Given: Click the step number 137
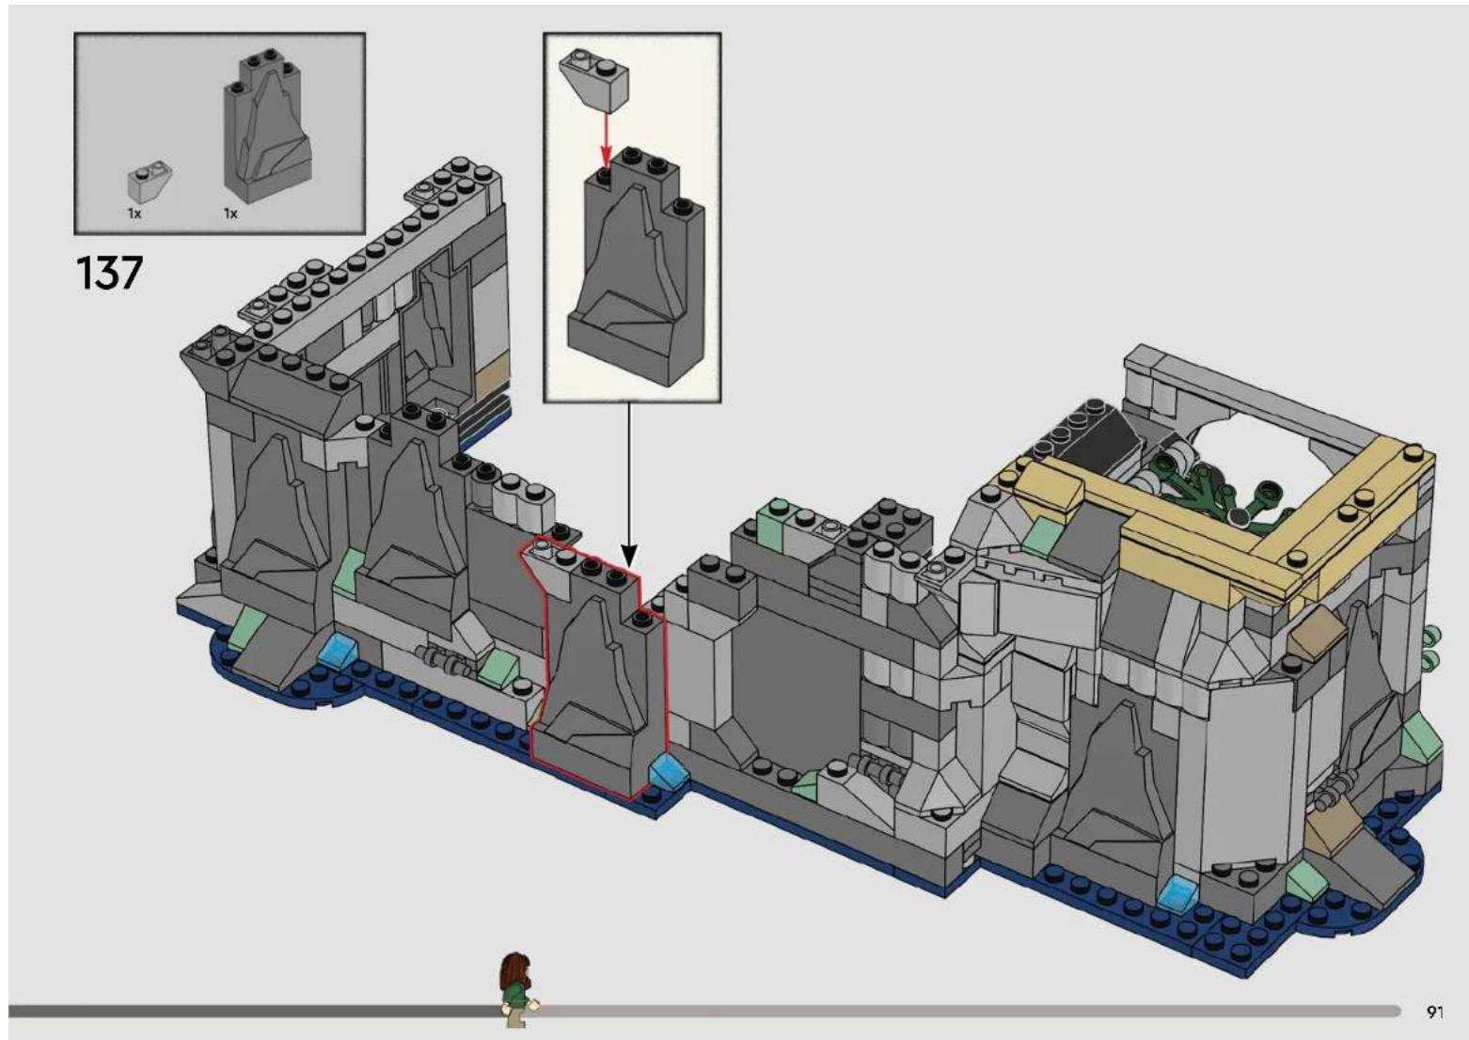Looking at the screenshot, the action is pyautogui.click(x=109, y=273).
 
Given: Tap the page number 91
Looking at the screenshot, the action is pyautogui.click(x=1435, y=1012).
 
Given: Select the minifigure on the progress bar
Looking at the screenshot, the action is pyautogui.click(x=518, y=989).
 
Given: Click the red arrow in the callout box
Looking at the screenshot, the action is pyautogui.click(x=606, y=141).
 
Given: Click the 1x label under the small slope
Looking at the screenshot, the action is pyautogui.click(x=134, y=213).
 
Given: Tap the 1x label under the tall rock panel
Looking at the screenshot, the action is pyautogui.click(x=230, y=213).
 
